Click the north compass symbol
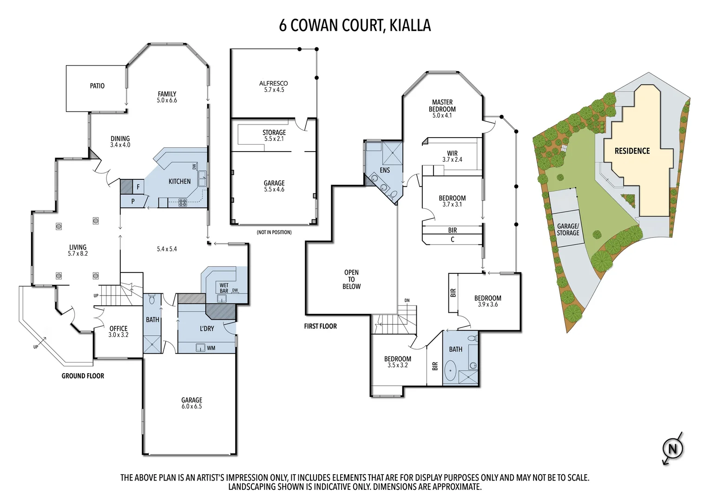pos(672,449)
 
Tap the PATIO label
pos(97,86)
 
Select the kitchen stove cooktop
pos(183,202)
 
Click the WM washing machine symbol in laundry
pos(201,347)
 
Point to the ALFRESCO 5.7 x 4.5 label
pos(274,86)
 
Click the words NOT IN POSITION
pos(274,232)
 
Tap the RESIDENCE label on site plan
pos(632,151)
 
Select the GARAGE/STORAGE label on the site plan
pos(568,230)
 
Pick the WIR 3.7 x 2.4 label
pos(452,156)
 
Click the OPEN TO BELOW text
pos(351,279)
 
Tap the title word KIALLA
pos(410,25)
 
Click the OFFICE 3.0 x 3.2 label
pos(118,331)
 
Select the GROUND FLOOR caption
pos(83,376)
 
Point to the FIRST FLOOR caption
pos(320,326)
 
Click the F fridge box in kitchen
pos(138,187)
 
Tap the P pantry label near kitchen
pos(133,201)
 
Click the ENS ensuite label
pos(385,170)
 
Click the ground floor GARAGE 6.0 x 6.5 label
pos(191,403)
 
